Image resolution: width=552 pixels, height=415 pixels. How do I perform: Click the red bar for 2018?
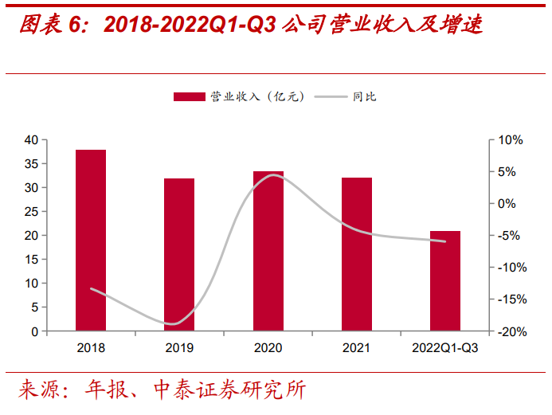click(91, 240)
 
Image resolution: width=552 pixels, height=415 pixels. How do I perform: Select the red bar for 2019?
click(179, 254)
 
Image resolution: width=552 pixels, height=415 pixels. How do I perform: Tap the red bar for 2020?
click(268, 251)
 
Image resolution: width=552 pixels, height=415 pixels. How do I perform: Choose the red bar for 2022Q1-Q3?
click(444, 280)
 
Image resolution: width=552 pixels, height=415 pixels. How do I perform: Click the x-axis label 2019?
click(179, 348)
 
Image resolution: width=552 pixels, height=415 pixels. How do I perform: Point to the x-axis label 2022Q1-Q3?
click(444, 348)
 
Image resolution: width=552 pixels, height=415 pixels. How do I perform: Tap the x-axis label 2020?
click(268, 348)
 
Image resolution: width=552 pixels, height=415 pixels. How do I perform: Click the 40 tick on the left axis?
click(31, 140)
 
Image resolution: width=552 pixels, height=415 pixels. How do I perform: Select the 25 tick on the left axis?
click(31, 212)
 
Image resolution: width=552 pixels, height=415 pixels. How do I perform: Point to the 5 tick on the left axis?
click(34, 307)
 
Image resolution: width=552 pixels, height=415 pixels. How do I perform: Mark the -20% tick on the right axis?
click(510, 331)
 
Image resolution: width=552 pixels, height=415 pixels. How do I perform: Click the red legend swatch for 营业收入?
click(189, 97)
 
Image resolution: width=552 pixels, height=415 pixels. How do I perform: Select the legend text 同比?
click(364, 97)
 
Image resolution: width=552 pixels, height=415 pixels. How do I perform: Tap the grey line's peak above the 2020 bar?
click(273, 175)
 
